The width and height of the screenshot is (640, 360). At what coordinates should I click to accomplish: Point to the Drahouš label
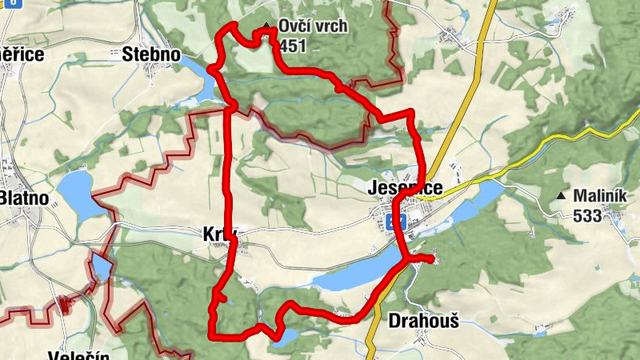(x=423, y=321)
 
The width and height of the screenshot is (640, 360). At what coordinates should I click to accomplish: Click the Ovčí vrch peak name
(x=313, y=26)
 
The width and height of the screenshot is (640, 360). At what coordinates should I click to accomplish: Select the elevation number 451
(x=294, y=46)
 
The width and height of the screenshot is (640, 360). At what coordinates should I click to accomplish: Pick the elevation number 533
(x=587, y=215)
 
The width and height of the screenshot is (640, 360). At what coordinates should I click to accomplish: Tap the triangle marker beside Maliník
(x=562, y=196)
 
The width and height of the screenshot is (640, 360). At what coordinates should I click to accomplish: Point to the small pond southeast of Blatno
(x=101, y=266)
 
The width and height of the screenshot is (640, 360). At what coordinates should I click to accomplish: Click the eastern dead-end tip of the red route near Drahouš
(x=432, y=259)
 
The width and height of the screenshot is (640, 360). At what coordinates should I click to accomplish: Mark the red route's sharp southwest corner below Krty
(x=212, y=334)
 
